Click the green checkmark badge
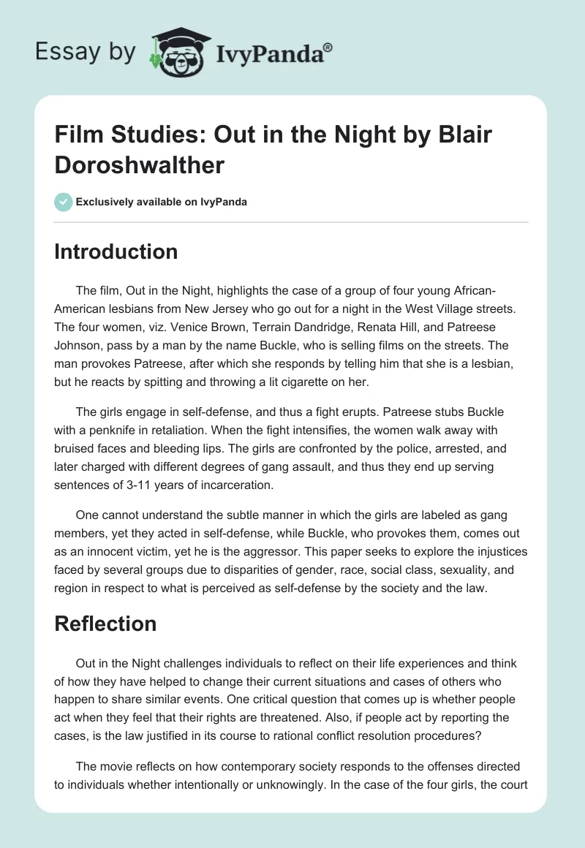coord(63,202)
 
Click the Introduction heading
coord(116,251)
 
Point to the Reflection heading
coord(105,624)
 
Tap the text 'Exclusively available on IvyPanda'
coord(162,202)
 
